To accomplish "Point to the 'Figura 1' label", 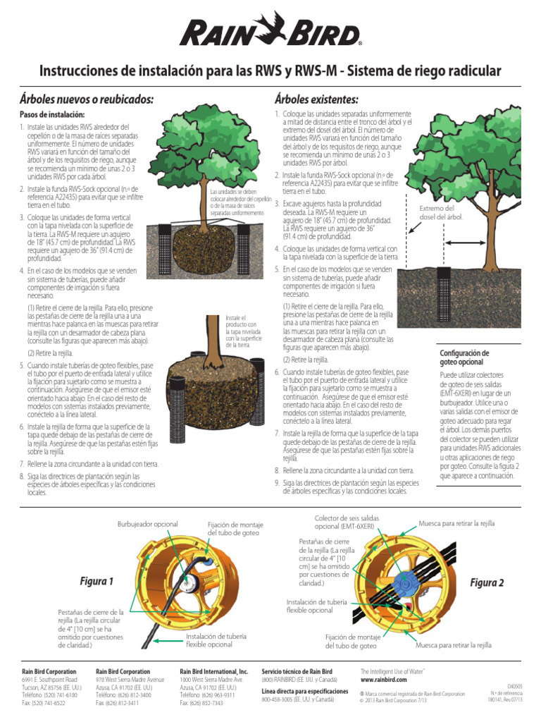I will point(97,582).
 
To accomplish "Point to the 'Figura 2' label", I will point(487,582).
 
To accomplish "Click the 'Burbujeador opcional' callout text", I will point(147,524).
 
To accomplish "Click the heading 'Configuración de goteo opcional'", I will point(464,357).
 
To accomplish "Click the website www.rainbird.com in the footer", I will point(385,680).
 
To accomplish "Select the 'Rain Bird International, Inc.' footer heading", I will point(214,671).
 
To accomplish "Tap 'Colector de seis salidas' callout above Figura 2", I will point(346,518).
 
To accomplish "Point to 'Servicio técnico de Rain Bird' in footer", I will point(297,671).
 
